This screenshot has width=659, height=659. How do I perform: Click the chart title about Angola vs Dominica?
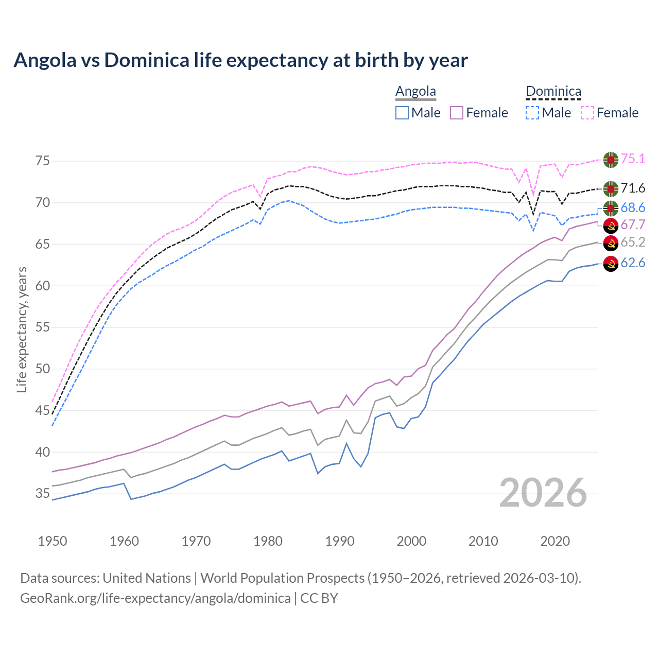pyautogui.click(x=240, y=60)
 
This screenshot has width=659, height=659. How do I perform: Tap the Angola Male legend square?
pyautogui.click(x=402, y=113)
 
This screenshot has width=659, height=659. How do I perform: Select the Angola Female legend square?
pyautogui.click(x=457, y=113)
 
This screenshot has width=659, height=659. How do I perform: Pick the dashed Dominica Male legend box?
pyautogui.click(x=532, y=113)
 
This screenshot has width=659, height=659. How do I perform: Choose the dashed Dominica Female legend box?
pyautogui.click(x=587, y=113)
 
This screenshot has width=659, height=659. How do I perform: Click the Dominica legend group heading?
pyautogui.click(x=553, y=92)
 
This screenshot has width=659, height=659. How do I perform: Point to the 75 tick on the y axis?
pyautogui.click(x=43, y=161)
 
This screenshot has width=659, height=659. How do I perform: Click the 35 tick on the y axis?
pyautogui.click(x=43, y=494)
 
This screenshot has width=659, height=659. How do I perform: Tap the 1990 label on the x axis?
pyautogui.click(x=340, y=541)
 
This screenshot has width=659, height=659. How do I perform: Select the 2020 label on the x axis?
pyautogui.click(x=555, y=541)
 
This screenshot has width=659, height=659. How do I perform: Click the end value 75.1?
pyautogui.click(x=633, y=159)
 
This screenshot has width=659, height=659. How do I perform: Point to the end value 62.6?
pyautogui.click(x=633, y=263)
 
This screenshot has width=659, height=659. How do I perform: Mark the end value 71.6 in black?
pyautogui.click(x=633, y=188)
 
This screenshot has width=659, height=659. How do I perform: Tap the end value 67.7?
pyautogui.click(x=633, y=225)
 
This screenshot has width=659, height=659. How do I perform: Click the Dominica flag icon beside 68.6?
pyautogui.click(x=611, y=208)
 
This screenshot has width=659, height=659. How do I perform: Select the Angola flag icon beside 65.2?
pyautogui.click(x=611, y=243)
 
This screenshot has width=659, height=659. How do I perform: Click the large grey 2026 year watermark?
pyautogui.click(x=543, y=493)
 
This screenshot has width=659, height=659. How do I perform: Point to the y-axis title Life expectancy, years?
pyautogui.click(x=22, y=329)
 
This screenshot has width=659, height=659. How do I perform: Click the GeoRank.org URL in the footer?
pyautogui.click(x=155, y=598)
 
